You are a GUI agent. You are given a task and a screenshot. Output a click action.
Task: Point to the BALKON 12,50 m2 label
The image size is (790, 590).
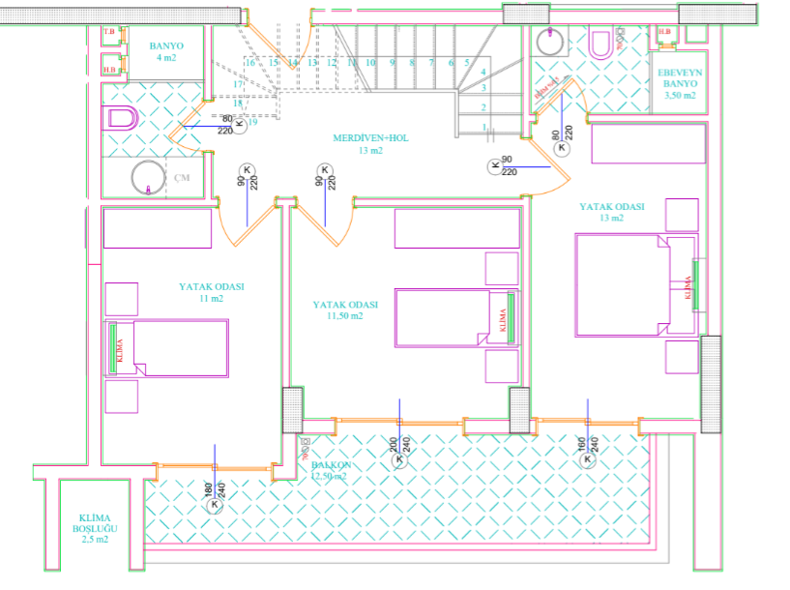pos(333,471)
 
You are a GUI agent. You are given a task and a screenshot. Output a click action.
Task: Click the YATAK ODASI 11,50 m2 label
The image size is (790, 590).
pos(345,310)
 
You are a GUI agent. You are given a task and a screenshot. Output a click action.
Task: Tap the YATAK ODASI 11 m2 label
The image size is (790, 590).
pos(211,292)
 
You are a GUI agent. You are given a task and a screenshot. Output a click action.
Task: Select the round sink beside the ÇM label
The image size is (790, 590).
pos(148,178)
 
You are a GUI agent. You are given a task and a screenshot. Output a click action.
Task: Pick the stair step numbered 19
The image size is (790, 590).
pos(252,122)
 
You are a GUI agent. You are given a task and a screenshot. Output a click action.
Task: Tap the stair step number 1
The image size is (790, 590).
pos(483,127)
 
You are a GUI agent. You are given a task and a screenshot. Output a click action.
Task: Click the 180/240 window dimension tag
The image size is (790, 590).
pos(215,496)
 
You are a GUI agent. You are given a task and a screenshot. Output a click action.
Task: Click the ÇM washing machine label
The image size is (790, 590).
pos(182,178)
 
